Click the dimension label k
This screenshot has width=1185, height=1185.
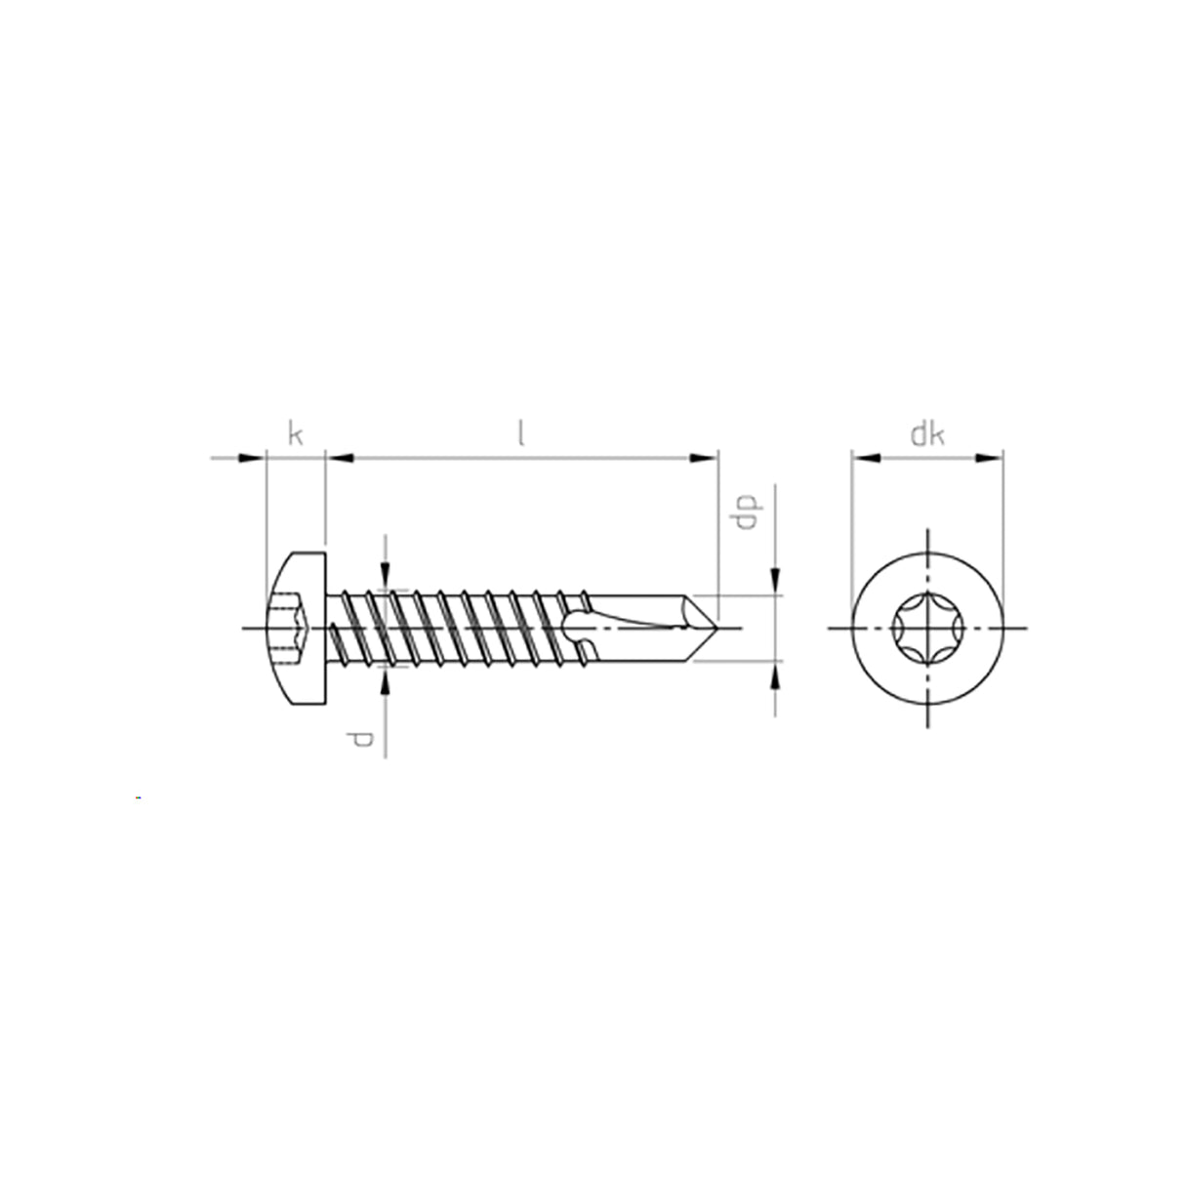(x=294, y=432)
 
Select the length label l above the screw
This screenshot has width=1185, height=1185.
(x=521, y=432)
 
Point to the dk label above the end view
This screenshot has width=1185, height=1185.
(x=926, y=434)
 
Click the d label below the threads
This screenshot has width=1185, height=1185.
(x=362, y=740)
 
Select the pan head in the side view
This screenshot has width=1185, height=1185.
(x=295, y=628)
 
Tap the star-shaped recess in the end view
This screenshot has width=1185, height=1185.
(x=926, y=627)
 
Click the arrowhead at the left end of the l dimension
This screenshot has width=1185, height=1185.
(x=338, y=456)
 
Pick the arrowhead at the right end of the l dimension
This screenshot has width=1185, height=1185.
(x=705, y=456)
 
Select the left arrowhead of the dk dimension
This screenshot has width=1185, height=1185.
(x=865, y=456)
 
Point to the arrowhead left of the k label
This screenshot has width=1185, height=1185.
(x=253, y=456)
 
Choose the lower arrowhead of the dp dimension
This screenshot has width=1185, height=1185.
(x=776, y=674)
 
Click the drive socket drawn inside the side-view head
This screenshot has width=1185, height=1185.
(x=289, y=628)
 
